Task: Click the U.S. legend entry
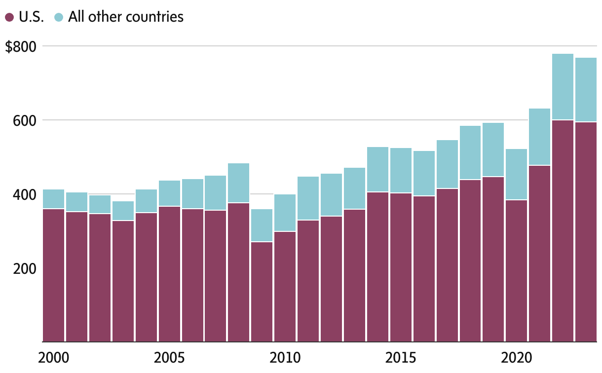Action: [25, 17]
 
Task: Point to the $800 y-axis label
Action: [20, 47]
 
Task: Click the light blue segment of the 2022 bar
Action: [563, 86]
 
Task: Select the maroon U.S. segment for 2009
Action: [262, 291]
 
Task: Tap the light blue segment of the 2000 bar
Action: [54, 199]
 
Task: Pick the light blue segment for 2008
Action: [238, 183]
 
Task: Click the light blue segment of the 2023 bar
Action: [586, 89]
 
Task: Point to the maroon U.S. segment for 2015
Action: [401, 267]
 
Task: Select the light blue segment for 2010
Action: [285, 213]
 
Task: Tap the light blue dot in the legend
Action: [59, 17]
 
